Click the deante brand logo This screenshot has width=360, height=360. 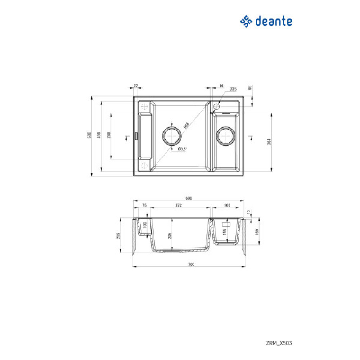266,22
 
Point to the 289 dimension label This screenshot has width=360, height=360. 108,135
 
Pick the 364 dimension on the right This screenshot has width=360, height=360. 269,141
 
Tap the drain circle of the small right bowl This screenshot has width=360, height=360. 226,136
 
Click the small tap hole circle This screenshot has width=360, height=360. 217,107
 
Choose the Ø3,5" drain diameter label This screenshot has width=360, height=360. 183,149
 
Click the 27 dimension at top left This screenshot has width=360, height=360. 136,86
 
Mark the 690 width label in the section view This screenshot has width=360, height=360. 189,198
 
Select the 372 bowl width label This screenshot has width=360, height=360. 179,206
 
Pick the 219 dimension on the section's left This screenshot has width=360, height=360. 118,236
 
